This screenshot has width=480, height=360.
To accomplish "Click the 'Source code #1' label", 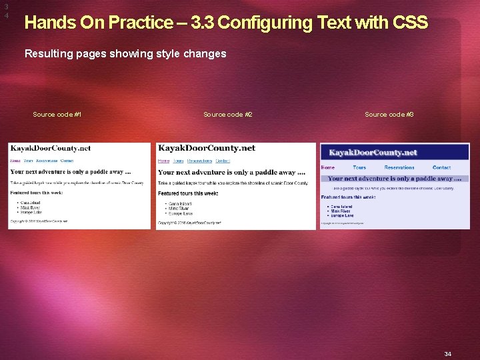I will [x=57, y=115].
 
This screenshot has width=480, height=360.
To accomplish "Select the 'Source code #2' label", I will [x=227, y=115].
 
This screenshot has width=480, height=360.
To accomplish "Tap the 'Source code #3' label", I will [x=389, y=115].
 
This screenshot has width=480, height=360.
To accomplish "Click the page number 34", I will [x=448, y=354].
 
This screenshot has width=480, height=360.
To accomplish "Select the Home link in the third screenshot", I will [x=328, y=167].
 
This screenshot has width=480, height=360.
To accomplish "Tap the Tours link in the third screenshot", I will [x=359, y=167].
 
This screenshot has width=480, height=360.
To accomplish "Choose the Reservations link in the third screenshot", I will [x=399, y=167].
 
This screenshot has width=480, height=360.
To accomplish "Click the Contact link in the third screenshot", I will [x=441, y=167].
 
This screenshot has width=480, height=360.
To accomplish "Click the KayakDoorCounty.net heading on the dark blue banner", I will [x=373, y=152].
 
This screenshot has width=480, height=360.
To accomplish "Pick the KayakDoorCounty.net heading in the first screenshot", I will [x=50, y=148].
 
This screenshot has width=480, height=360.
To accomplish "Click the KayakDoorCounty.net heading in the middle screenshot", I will [x=206, y=148].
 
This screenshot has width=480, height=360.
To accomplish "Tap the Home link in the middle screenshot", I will [x=163, y=161].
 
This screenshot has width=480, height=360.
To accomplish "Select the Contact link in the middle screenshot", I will [x=223, y=161].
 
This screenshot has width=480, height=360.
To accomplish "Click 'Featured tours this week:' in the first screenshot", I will [x=37, y=193].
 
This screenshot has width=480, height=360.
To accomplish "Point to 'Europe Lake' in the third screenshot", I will [x=342, y=215].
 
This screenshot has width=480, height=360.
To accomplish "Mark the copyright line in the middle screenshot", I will [x=189, y=223].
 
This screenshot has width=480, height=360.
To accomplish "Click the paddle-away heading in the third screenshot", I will [x=395, y=179].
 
